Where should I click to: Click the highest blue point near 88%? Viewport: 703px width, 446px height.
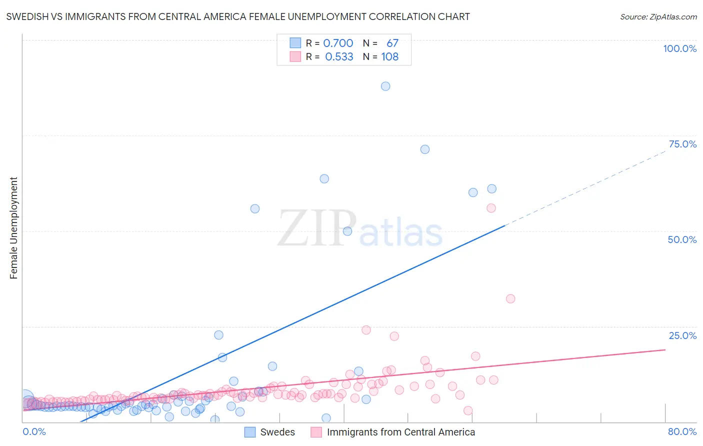tap(385, 86)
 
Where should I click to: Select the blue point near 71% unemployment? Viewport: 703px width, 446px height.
tap(424, 149)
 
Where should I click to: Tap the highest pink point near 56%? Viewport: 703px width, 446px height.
tap(491, 208)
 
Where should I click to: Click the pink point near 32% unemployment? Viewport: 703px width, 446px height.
tap(510, 299)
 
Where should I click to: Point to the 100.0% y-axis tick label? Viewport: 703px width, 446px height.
tap(679, 48)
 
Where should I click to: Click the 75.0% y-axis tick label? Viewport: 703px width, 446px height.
tap(682, 144)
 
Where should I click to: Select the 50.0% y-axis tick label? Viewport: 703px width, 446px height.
tap(682, 239)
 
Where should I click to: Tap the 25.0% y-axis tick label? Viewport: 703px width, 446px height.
tap(682, 335)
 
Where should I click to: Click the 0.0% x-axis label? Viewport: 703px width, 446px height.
tap(34, 431)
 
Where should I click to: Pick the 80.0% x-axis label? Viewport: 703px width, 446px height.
tap(682, 431)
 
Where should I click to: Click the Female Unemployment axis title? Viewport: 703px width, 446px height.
tap(13, 228)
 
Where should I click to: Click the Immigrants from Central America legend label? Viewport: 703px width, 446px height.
tap(400, 432)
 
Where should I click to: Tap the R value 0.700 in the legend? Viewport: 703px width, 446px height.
tap(338, 43)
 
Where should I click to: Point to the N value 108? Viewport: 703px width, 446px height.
tap(389, 57)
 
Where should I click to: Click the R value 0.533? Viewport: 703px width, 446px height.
tap(339, 57)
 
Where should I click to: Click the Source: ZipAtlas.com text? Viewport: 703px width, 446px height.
tap(658, 17)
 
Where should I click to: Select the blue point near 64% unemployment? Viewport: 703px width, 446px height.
tap(324, 178)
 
